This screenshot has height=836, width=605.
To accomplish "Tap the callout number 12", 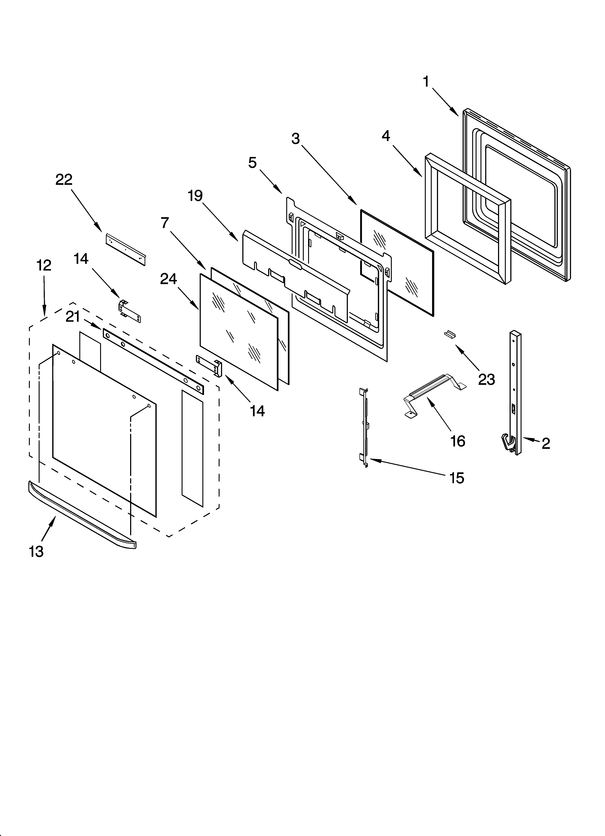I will click(x=44, y=265).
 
